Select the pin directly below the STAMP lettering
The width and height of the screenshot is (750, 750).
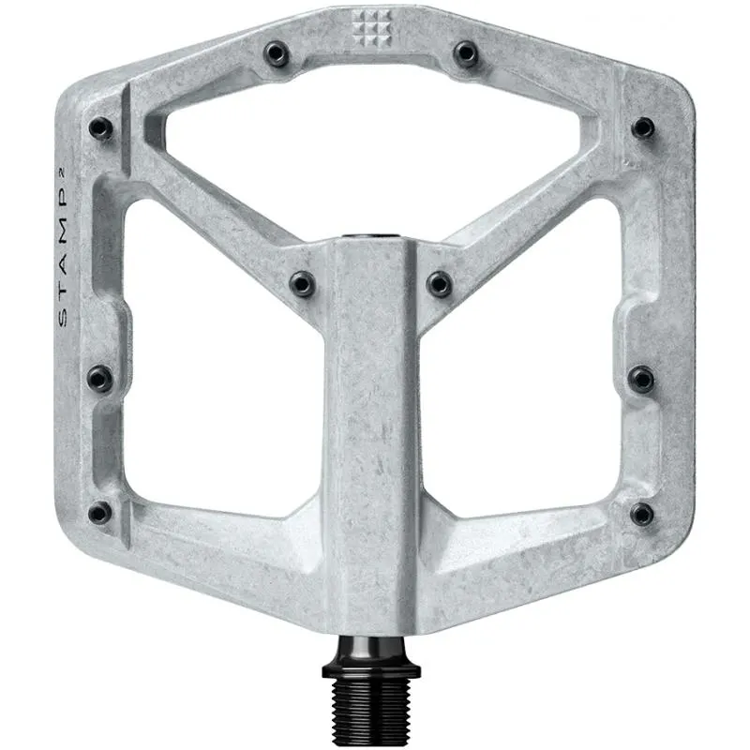tap(99, 377)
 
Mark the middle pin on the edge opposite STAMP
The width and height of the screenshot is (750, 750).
tap(642, 377)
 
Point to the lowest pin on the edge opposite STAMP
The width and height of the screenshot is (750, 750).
tap(641, 513)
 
